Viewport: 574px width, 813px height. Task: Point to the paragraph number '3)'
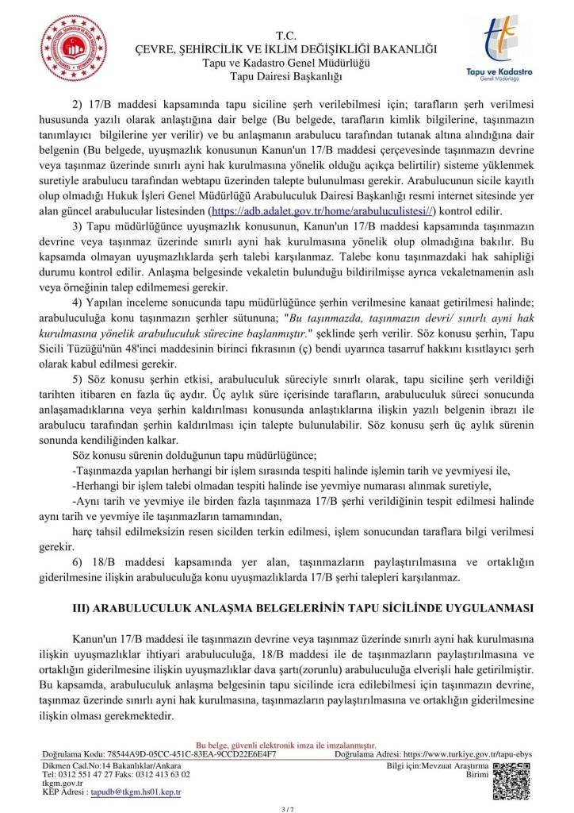[x=78, y=228]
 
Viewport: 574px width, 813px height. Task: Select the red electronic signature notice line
[x=285, y=746]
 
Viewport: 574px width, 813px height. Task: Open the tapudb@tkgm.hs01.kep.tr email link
[x=135, y=792]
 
